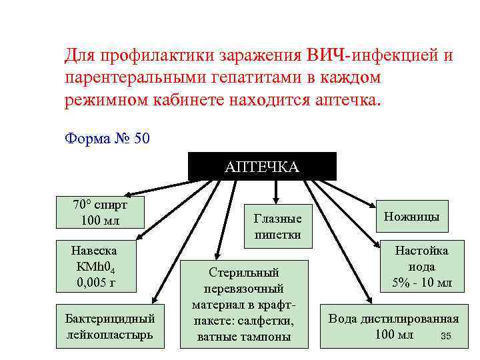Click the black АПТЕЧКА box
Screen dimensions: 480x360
click(x=262, y=166)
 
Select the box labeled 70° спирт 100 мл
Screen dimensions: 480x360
click(x=99, y=211)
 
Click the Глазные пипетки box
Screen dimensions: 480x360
click(x=278, y=227)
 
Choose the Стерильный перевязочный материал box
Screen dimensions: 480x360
click(x=244, y=304)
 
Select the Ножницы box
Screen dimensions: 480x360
click(x=412, y=216)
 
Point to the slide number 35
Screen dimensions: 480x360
click(x=446, y=336)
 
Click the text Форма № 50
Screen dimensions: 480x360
click(x=107, y=139)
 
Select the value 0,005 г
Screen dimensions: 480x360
click(x=97, y=281)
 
